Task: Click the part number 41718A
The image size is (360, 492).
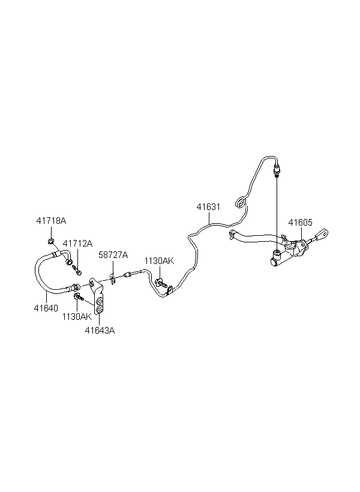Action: pos(51,221)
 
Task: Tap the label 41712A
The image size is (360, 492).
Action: pos(77,243)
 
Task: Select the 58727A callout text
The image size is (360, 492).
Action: pos(113,255)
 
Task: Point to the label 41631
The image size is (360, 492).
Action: pos(208,207)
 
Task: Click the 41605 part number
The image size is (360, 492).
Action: pos(301,223)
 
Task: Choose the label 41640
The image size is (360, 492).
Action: pos(46,308)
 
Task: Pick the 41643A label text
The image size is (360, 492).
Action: pos(100,331)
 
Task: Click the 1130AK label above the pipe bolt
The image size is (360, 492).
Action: pos(159,261)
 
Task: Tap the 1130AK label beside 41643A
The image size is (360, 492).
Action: pos(77,317)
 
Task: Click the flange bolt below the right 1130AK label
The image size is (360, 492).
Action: pos(160,283)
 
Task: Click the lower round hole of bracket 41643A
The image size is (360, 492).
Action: pos(100,310)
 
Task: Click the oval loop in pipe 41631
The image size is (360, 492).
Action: pos(241,202)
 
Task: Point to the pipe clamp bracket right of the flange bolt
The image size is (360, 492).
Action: pos(169,290)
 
